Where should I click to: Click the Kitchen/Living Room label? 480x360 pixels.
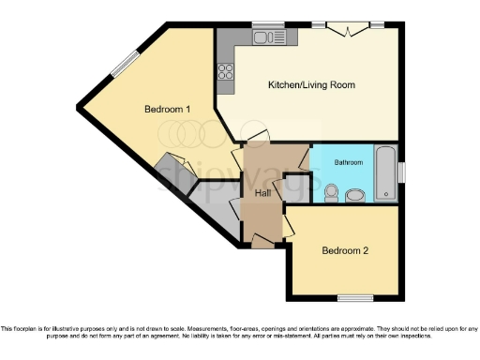311,85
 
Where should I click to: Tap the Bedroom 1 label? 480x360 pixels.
168,109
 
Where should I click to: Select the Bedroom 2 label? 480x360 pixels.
344,250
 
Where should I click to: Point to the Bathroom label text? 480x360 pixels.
348,162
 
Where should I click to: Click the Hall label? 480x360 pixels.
263,193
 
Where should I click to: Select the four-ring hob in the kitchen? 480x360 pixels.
226,70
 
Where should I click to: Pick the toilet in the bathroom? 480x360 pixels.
329,193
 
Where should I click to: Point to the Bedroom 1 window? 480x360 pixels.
123,65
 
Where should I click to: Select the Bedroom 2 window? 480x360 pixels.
353,299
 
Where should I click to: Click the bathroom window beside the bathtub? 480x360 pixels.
400,173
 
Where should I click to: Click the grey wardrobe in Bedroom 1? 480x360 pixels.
172,173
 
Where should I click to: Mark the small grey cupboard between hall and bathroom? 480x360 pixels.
296,187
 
